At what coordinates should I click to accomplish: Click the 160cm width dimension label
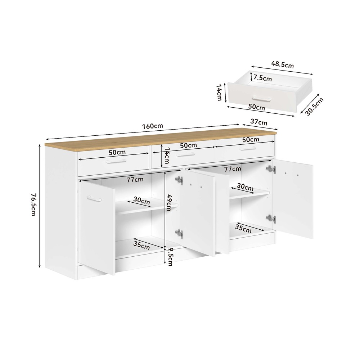[152, 126]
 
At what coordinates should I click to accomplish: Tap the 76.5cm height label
[33, 204]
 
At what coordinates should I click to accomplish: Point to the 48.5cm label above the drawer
[282, 64]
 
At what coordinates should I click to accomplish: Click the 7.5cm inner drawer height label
[263, 78]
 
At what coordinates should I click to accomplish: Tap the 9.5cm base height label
[170, 257]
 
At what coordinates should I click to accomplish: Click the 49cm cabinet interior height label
[169, 203]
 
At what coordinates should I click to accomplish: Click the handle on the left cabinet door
[94, 199]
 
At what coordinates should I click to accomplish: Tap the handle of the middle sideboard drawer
[185, 155]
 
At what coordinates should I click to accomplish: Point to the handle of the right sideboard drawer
[248, 149]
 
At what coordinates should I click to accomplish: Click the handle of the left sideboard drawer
[116, 161]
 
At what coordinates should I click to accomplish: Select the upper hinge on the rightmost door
[271, 170]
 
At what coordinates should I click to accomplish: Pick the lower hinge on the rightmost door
[271, 219]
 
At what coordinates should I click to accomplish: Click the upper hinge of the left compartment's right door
[179, 180]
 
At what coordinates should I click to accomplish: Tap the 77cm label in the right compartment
[233, 169]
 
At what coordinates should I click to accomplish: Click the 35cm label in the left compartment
[141, 246]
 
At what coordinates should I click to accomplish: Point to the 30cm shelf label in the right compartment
[245, 187]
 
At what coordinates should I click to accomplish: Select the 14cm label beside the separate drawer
[219, 92]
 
